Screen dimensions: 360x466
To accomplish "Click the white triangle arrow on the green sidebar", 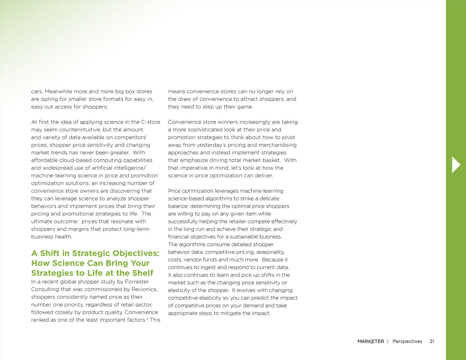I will tap(456, 164).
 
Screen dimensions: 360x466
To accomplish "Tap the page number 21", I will tap(432, 341).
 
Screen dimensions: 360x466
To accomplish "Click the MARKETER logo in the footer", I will tap(371, 341).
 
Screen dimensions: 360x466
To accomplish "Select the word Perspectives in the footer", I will tap(407, 341).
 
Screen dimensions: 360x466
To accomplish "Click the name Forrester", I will tap(137, 281).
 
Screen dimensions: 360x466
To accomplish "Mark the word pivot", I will tap(288, 137).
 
